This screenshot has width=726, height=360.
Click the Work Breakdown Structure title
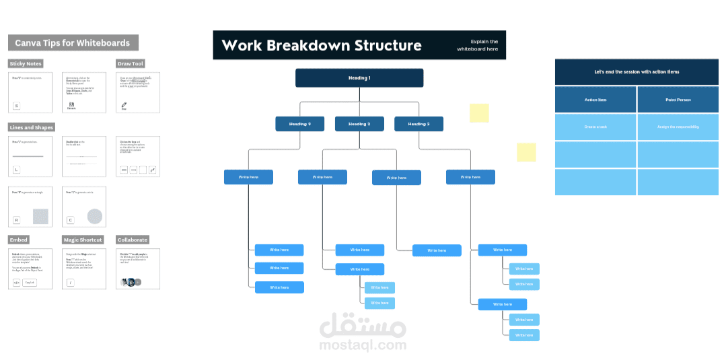322,45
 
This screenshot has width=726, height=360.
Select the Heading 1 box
359,78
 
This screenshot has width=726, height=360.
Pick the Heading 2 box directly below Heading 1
359,124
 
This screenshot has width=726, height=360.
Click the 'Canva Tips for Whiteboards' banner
73,42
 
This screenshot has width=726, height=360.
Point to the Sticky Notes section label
26,64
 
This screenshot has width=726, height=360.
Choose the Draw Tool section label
131,64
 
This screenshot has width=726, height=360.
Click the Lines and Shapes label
32,127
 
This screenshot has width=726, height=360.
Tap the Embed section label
19,240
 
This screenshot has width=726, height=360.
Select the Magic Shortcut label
83,240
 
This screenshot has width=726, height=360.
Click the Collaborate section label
133,240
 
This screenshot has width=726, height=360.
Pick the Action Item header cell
595,100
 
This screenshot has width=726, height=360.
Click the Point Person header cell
678,100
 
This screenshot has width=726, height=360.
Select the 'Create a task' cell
595,127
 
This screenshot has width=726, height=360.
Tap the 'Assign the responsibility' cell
678,127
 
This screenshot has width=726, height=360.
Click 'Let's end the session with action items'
637,72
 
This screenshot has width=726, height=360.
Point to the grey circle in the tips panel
95,216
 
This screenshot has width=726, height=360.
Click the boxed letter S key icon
17,106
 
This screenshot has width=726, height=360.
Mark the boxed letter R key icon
17,220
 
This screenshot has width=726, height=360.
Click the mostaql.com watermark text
363,345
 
